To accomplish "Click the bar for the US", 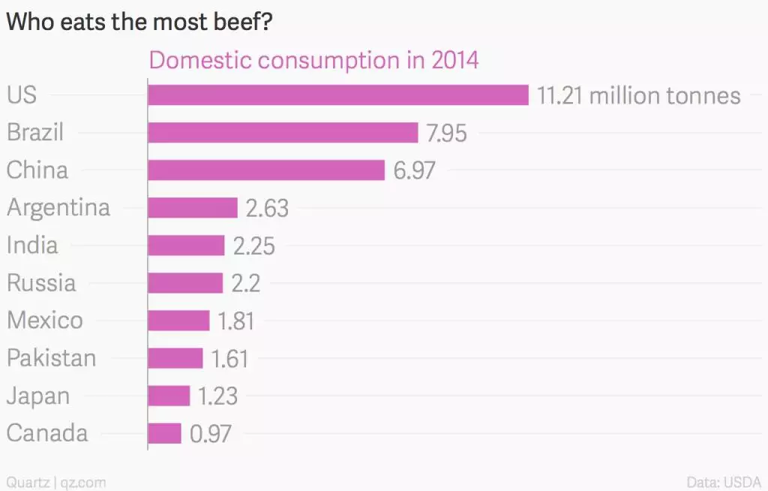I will [x=338, y=95].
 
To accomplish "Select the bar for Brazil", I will [x=283, y=133].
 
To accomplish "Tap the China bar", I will [x=266, y=170].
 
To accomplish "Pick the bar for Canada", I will [x=165, y=433].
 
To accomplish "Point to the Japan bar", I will [x=169, y=396].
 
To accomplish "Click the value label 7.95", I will [x=446, y=134].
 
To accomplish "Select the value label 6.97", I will [x=414, y=171].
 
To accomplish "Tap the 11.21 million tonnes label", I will [x=638, y=96].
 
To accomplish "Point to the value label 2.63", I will [x=267, y=209].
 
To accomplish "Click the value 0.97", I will [x=211, y=434].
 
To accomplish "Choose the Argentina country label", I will [x=58, y=207].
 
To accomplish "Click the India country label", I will [x=32, y=245].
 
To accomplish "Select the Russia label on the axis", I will [x=41, y=283].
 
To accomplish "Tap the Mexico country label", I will [x=45, y=321].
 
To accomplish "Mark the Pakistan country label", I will [x=52, y=358].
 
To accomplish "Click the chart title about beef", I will [x=139, y=23].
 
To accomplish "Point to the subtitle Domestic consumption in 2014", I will [x=313, y=60].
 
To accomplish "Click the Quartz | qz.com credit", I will [x=56, y=481].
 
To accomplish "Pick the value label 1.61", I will [x=229, y=359].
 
